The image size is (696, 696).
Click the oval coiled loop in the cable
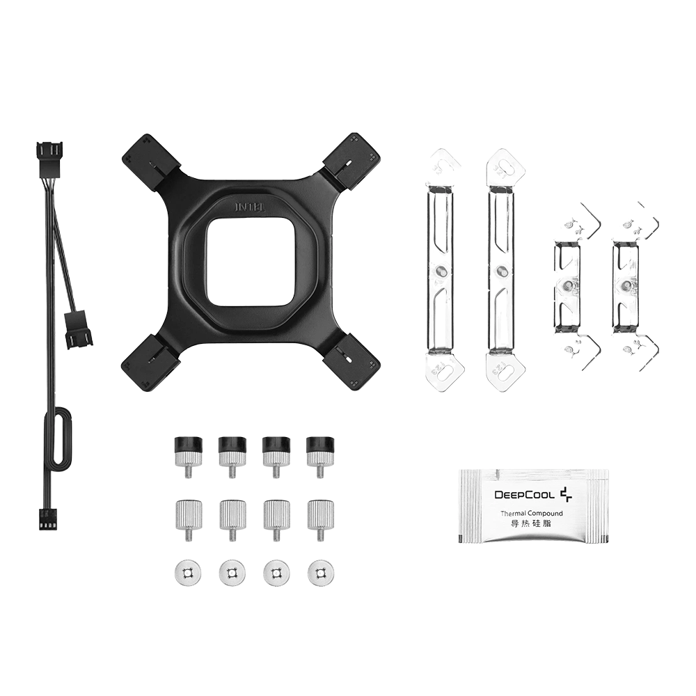(x=58, y=437)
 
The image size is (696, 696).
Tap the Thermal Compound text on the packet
(x=531, y=514)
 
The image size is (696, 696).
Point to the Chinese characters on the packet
(x=531, y=524)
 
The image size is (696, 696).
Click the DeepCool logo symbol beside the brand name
(x=566, y=494)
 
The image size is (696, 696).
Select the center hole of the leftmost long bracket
(x=440, y=269)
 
